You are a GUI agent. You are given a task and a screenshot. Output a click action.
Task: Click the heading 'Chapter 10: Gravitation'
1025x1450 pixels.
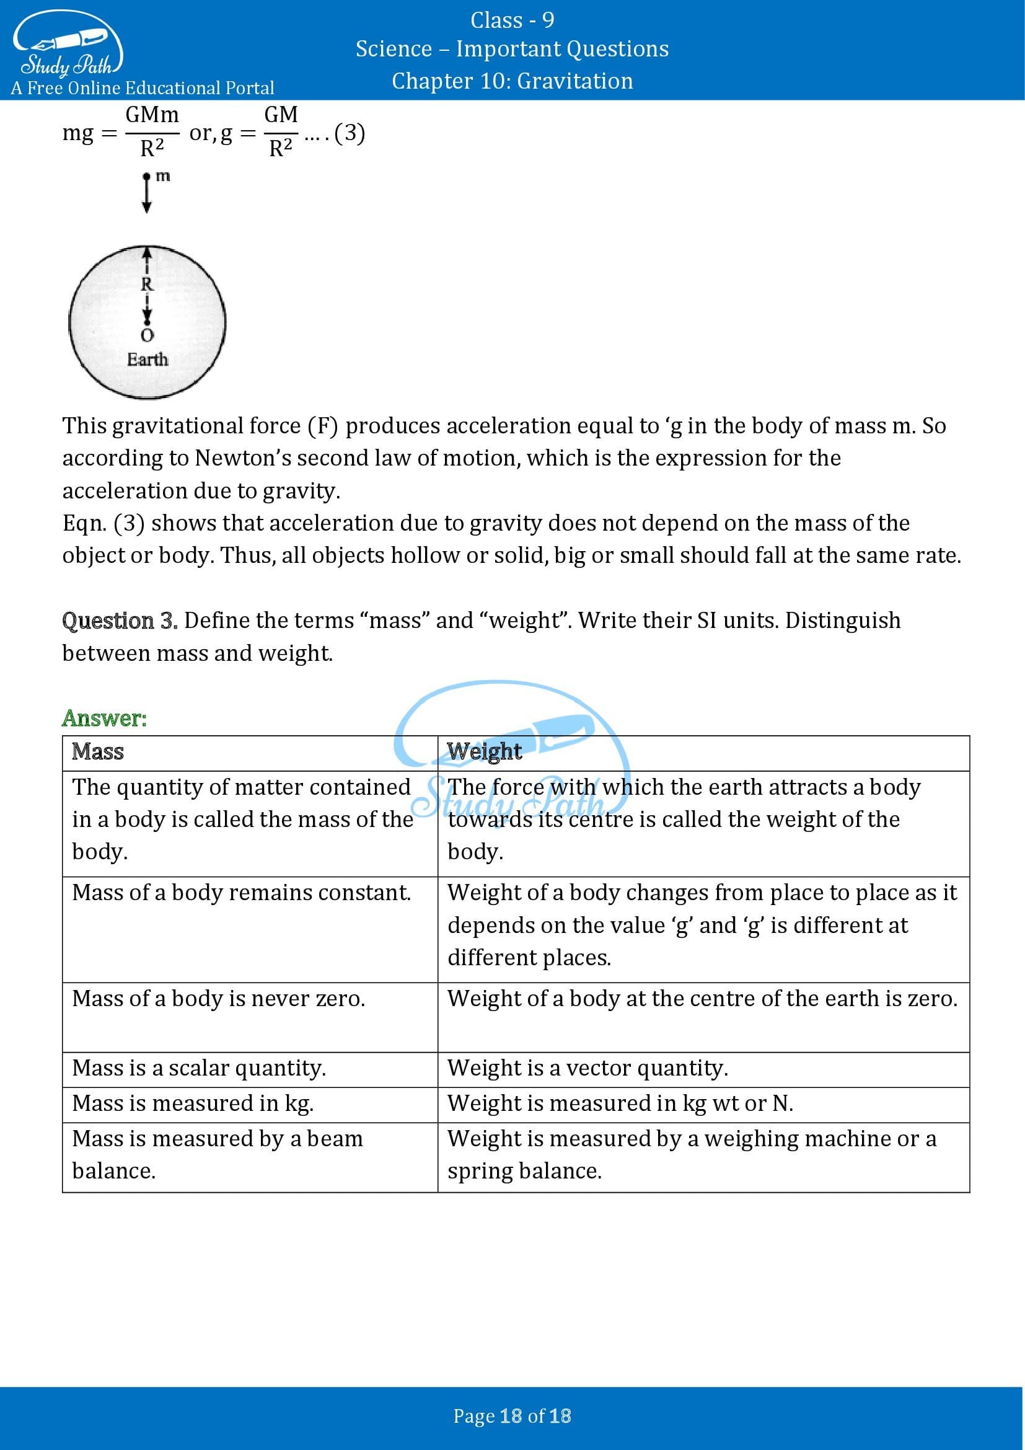[x=512, y=81]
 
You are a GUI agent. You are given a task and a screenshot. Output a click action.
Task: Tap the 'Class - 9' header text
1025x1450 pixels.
[x=512, y=21]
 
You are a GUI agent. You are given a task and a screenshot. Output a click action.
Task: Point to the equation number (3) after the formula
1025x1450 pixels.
[x=350, y=133]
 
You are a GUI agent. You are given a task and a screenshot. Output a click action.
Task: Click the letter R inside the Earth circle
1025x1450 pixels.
[x=147, y=284]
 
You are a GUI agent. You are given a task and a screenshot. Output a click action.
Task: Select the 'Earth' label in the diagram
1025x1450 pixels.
[x=147, y=360]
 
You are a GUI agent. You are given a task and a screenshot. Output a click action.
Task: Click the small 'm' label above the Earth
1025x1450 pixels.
[x=163, y=176]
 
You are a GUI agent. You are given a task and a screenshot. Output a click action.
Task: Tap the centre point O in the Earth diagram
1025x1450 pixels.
[x=147, y=334]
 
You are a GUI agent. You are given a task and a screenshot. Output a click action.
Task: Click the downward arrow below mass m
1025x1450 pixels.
[x=147, y=196]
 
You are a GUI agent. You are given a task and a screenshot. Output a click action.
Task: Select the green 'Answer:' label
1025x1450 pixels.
[x=104, y=718]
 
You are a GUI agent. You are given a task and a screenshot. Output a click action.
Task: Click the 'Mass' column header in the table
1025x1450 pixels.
[x=98, y=751]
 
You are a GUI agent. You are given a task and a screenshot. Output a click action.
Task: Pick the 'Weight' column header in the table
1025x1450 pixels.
[x=484, y=751]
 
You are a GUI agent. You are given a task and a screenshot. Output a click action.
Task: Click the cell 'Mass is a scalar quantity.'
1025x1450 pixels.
[x=199, y=1068]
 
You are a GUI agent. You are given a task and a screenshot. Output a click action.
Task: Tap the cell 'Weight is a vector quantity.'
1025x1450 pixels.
[x=587, y=1068]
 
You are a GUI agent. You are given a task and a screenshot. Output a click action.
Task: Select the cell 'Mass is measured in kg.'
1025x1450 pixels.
[x=193, y=1103]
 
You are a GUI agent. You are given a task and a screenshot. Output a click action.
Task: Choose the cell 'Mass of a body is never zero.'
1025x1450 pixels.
[x=218, y=999]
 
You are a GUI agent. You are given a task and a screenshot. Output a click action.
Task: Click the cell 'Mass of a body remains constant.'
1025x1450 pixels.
[x=241, y=892]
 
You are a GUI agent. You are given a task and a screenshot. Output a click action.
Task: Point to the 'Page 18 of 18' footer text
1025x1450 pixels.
[x=512, y=1416]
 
